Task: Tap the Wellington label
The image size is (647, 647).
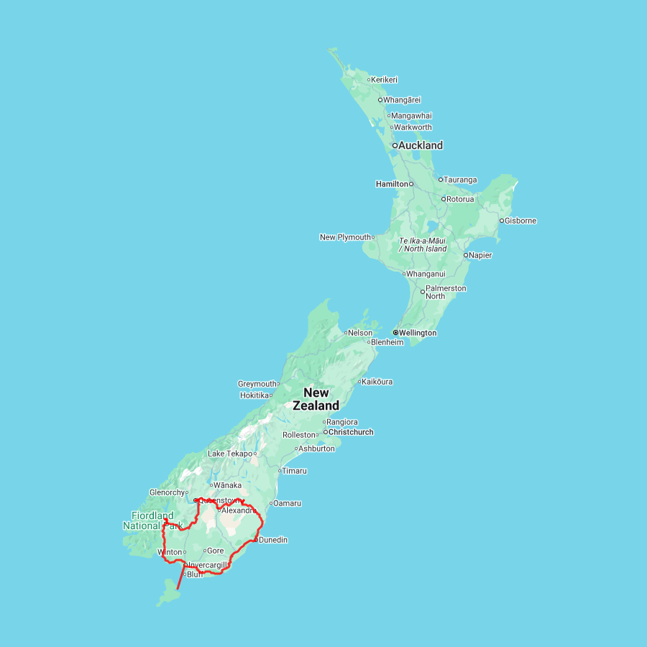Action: point(418,333)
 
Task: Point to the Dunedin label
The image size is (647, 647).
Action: point(273,540)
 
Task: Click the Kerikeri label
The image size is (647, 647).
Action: point(385,80)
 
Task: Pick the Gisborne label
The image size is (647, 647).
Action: point(520,221)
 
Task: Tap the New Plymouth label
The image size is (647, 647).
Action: point(346,237)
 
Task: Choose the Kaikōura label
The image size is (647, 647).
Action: point(377,382)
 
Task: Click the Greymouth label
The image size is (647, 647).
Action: point(257,384)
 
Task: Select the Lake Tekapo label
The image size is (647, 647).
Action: point(230,454)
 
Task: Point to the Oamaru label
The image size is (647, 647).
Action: point(288,503)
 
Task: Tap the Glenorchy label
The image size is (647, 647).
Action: point(167,492)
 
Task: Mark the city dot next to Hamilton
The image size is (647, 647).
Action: point(411,184)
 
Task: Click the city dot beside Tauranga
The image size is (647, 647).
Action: point(441,180)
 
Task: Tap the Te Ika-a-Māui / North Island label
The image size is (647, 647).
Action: point(423,244)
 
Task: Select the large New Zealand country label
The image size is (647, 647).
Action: point(316,399)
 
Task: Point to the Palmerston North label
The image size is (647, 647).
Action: point(446,292)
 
